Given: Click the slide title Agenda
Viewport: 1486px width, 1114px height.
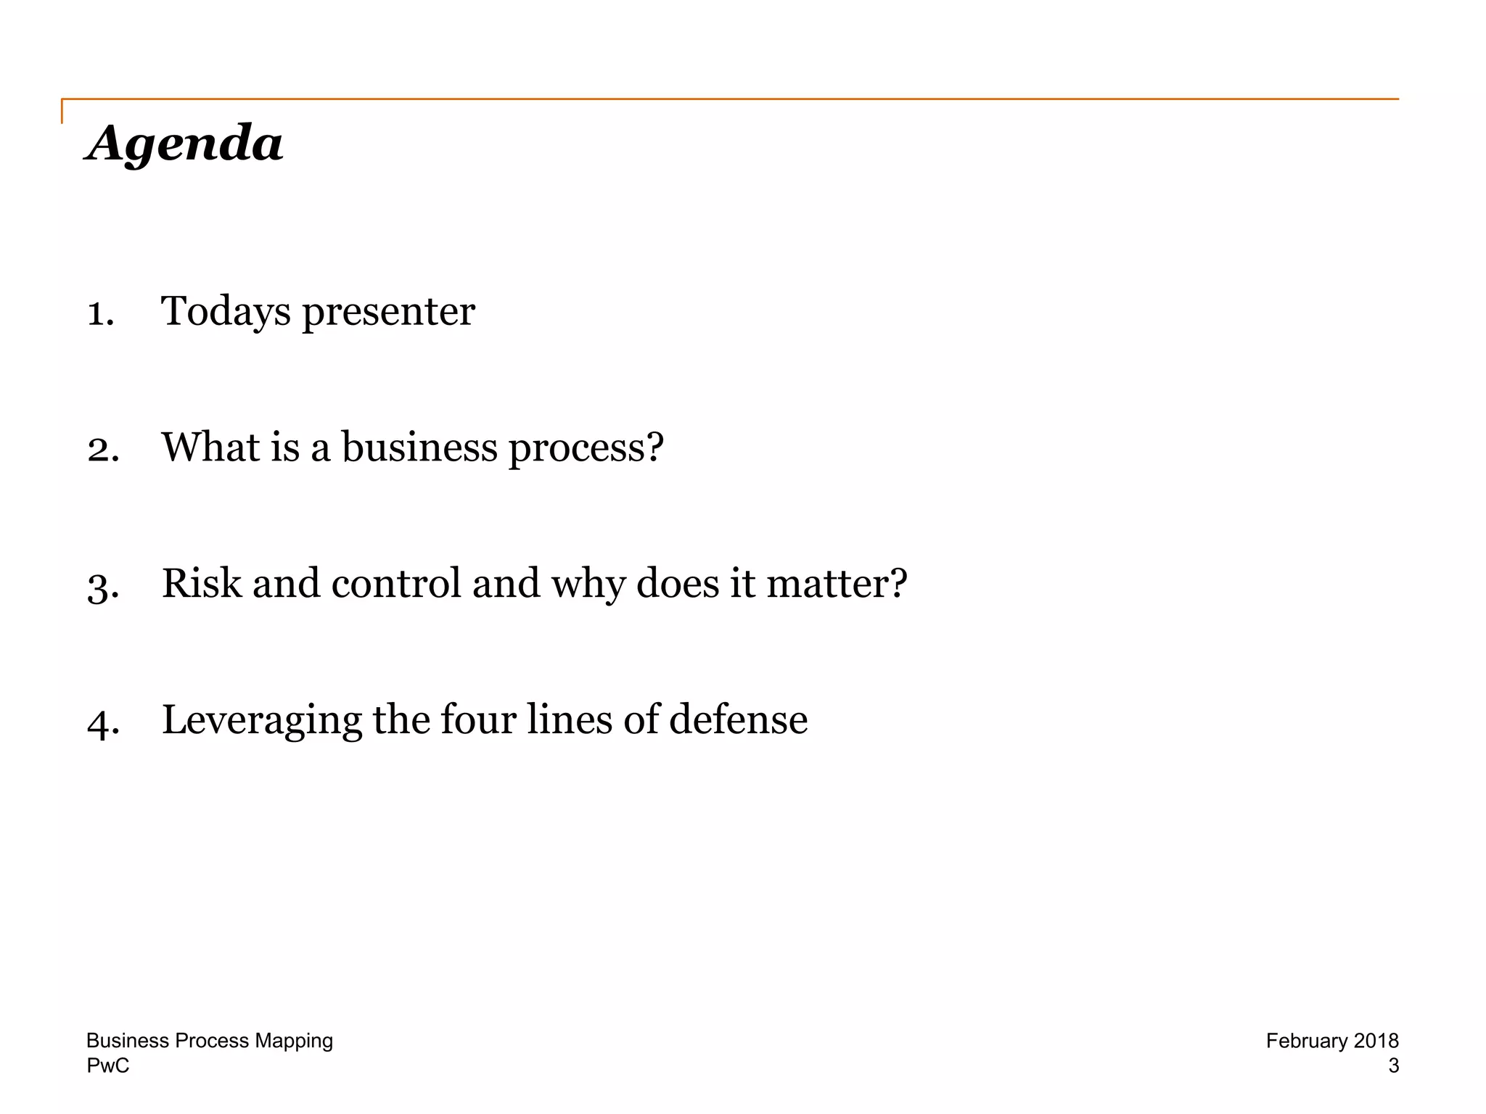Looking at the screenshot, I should [x=184, y=143].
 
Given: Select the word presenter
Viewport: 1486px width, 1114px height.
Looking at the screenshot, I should [x=388, y=313].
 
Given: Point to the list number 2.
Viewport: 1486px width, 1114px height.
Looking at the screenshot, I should [x=103, y=449].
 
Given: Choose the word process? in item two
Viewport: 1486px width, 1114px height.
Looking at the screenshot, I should [x=586, y=449].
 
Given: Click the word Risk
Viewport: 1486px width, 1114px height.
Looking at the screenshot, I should [x=202, y=583].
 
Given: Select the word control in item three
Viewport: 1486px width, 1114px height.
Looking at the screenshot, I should [x=396, y=583].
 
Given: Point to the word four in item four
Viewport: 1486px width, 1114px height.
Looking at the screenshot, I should [x=478, y=719].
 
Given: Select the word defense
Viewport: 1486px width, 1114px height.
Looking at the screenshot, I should [x=738, y=719].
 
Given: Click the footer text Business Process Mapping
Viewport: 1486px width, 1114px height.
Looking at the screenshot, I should [x=210, y=1041].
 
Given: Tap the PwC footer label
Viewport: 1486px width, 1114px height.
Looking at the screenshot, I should [x=108, y=1065].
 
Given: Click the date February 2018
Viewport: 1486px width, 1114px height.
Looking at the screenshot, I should [x=1332, y=1041].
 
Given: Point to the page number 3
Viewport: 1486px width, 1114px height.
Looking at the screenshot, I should [x=1393, y=1065].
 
